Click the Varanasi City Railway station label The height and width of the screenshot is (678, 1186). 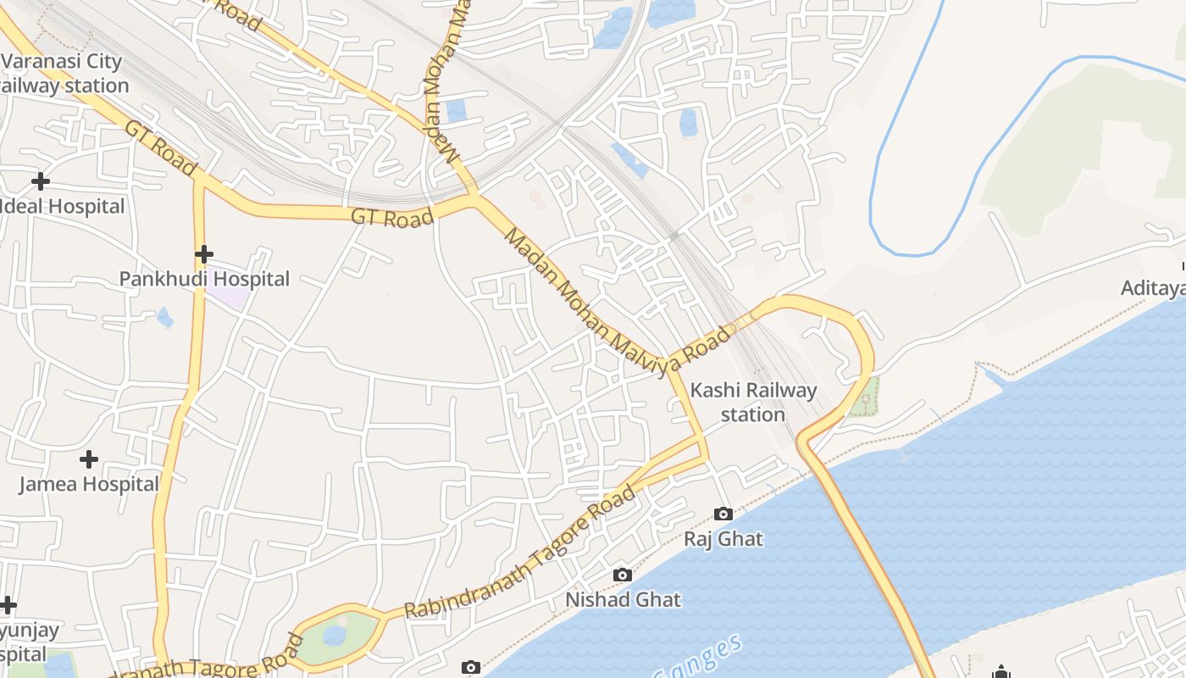[64, 73]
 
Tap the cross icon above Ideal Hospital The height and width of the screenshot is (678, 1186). [40, 181]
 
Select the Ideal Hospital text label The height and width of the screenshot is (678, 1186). [63, 207]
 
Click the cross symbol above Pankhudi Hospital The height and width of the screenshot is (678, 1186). [203, 254]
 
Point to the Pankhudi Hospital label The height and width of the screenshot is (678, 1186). [204, 279]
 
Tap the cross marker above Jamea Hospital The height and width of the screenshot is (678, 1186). [89, 459]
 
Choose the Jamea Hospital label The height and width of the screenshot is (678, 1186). [89, 484]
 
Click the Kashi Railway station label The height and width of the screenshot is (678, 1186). [753, 402]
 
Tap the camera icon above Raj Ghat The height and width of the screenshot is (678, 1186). [723, 514]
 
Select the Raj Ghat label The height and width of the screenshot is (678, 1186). [723, 539]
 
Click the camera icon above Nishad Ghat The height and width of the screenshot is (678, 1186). [623, 575]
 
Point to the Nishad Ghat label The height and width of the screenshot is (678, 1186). [623, 600]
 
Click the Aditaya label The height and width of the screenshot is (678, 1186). [1152, 288]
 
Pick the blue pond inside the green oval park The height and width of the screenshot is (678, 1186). [335, 635]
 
